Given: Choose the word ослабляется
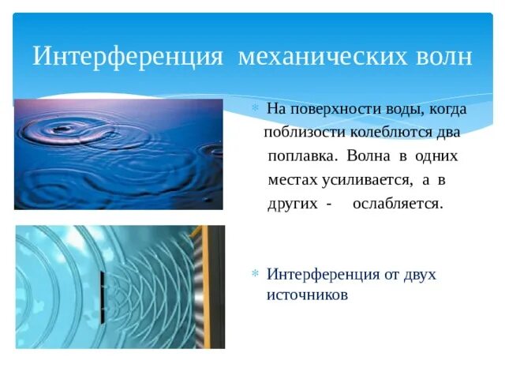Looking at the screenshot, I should [398, 203].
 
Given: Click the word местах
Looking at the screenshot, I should [292, 179].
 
